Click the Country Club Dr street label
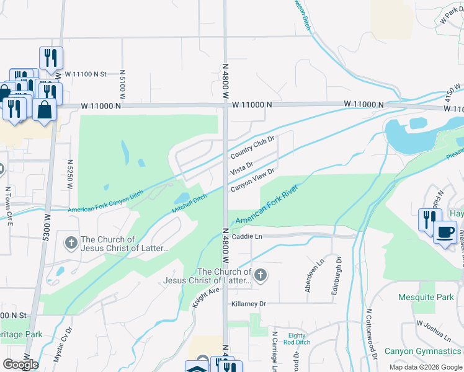point(252,147)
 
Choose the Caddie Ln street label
point(247,237)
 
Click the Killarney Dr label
point(249,304)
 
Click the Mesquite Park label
point(426,297)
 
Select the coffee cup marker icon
point(445,233)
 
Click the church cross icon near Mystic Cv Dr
point(71,241)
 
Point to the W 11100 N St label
point(86,74)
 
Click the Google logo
point(20,364)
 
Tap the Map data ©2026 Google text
point(425,367)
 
